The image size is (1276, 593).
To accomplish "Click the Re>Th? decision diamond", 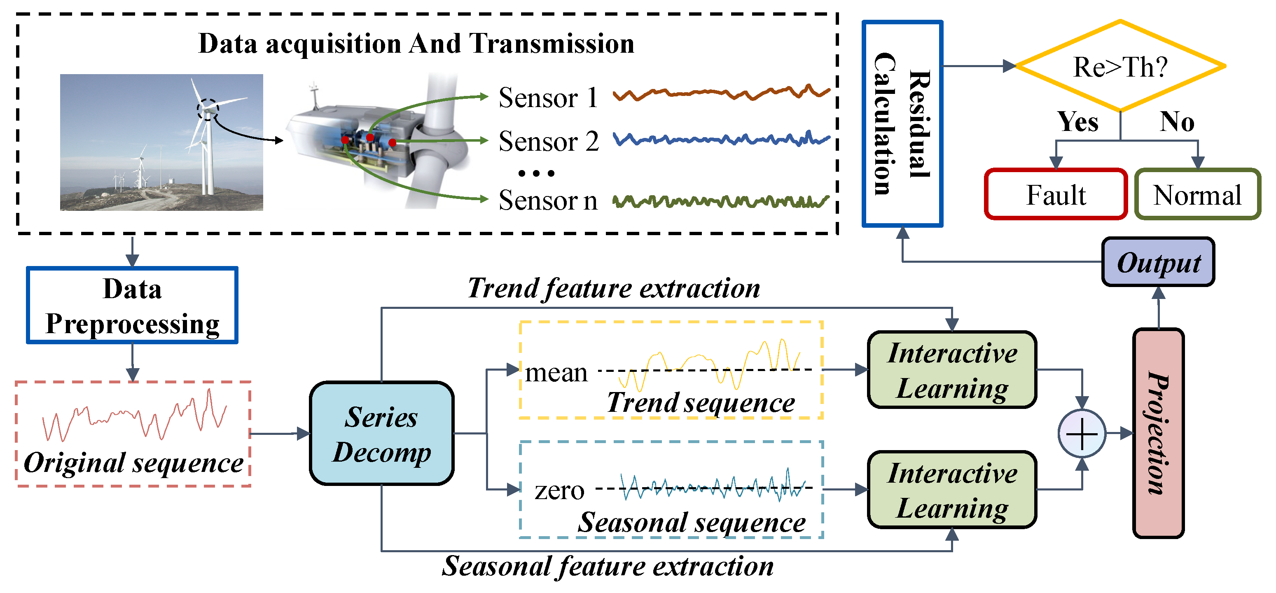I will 1119,66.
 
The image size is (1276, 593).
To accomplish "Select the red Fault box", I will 1056,195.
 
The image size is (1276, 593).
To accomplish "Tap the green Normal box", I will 1197,195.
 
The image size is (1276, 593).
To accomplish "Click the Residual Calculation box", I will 902,124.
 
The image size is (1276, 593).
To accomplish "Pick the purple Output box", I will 1158,262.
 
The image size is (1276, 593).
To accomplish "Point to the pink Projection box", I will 1158,433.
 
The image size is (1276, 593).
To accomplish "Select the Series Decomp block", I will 381,434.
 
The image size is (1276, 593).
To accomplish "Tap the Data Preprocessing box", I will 132,305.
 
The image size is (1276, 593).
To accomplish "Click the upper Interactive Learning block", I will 951,369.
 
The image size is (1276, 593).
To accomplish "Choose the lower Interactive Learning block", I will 951,490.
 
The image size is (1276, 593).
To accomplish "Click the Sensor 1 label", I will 548,98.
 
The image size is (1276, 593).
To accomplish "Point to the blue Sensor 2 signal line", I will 721,140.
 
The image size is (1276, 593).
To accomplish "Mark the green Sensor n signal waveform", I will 721,201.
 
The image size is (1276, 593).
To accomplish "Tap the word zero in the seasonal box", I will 559,490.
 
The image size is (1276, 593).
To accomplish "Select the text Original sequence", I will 133,463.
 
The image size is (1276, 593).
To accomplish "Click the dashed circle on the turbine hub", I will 208,110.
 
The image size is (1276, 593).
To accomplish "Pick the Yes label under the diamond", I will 1077,121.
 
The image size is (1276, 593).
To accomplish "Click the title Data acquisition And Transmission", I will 416,44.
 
